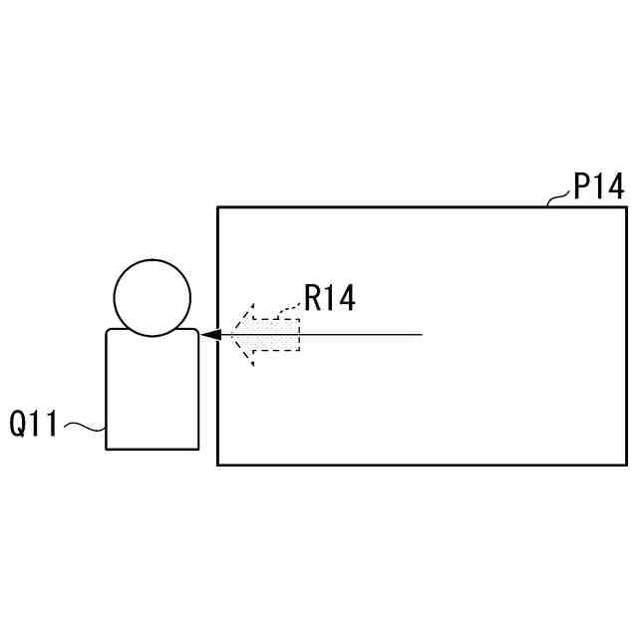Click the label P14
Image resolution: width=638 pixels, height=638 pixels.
point(598,187)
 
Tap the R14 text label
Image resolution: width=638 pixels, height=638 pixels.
point(329,298)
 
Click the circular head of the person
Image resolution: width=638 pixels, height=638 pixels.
point(152,296)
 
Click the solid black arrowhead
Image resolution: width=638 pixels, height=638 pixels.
point(210,335)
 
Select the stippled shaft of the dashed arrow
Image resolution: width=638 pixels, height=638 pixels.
point(273,335)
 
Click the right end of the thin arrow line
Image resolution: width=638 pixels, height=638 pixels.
point(422,335)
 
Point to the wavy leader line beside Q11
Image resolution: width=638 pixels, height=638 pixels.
point(85,429)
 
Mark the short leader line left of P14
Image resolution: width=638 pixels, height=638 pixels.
point(558,199)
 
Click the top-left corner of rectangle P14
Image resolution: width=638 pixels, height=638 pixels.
point(218,207)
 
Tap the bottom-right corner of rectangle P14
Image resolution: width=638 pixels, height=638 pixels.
point(626,464)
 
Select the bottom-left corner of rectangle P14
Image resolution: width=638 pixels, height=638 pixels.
point(218,464)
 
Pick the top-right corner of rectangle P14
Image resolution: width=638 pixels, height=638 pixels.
point(626,207)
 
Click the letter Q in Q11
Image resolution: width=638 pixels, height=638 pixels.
point(20,424)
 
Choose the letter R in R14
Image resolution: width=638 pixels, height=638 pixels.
point(312,298)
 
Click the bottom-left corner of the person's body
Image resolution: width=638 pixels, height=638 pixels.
point(107,449)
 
